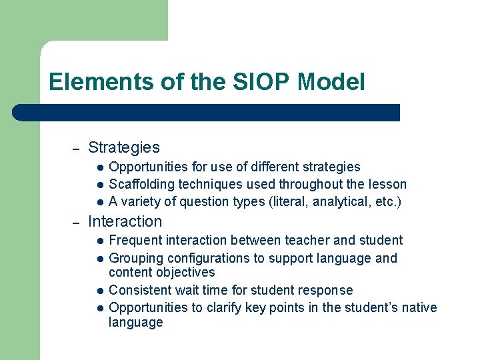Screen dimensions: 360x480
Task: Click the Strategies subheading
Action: pyautogui.click(x=124, y=147)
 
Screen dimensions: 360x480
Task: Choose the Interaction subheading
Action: pyautogui.click(x=125, y=221)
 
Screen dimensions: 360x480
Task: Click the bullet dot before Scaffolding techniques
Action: pyautogui.click(x=98, y=185)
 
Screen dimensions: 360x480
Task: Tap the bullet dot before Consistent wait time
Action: pyautogui.click(x=98, y=291)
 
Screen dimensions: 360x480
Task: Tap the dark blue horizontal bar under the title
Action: pyautogui.click(x=207, y=113)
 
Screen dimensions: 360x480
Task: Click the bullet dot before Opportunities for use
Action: pyautogui.click(x=98, y=167)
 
